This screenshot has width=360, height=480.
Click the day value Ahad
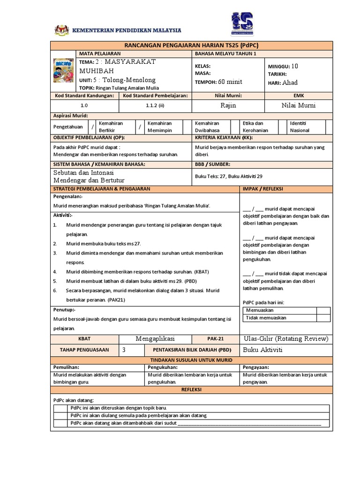click(x=290, y=82)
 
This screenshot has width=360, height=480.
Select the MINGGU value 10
click(x=295, y=66)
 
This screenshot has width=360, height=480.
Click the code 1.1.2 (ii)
click(x=155, y=105)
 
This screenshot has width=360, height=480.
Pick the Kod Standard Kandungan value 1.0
click(x=84, y=105)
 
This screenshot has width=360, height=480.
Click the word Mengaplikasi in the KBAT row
click(x=155, y=339)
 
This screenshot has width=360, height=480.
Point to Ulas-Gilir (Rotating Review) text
click(x=286, y=339)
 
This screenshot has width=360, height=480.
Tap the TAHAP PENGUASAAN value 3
click(x=124, y=350)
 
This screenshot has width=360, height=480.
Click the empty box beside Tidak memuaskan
click(x=323, y=317)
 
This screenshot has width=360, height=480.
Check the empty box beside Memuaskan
click(x=323, y=310)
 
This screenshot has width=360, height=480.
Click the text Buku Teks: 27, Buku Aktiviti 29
click(x=229, y=176)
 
